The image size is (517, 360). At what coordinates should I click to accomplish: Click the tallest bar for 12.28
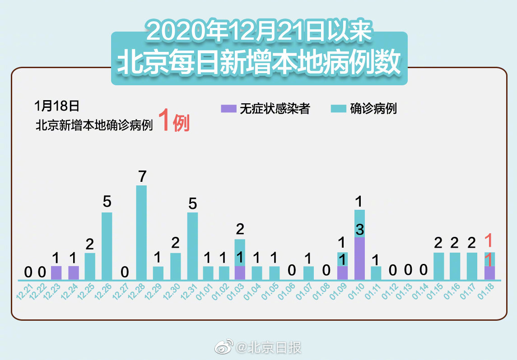click(141, 232)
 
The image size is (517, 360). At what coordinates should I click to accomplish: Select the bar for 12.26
click(107, 246)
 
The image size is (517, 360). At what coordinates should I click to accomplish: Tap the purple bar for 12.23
click(56, 273)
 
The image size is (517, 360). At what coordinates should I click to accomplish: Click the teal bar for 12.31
click(192, 246)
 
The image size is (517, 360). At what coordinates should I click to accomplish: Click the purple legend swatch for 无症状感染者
click(228, 109)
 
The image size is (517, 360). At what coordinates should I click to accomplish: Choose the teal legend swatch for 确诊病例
click(338, 109)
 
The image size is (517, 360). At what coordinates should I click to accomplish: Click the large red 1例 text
click(174, 122)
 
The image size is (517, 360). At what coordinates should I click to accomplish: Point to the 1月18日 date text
click(56, 106)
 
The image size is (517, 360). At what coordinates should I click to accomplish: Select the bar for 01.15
click(438, 266)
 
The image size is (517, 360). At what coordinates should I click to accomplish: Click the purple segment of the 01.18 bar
click(489, 273)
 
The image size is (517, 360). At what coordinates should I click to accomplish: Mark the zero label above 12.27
click(125, 272)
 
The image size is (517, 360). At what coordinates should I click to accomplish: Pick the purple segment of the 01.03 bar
click(240, 273)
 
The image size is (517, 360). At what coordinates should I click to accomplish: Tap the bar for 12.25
click(90, 266)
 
